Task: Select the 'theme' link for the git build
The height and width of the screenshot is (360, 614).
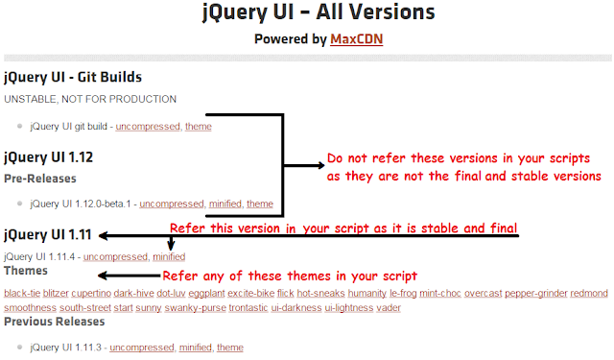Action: pyautogui.click(x=199, y=127)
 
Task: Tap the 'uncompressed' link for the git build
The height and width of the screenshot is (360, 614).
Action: pyautogui.click(x=152, y=127)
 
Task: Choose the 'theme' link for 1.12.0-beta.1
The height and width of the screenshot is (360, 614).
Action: pyautogui.click(x=260, y=204)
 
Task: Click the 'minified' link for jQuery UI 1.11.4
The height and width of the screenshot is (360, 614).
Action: pyautogui.click(x=168, y=256)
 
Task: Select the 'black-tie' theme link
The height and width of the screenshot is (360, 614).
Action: pyautogui.click(x=22, y=292)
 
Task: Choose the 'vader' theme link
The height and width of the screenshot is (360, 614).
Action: pyautogui.click(x=388, y=307)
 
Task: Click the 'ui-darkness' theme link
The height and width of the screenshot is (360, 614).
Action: pyautogui.click(x=297, y=307)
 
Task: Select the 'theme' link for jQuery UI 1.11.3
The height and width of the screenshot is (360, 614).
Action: pyautogui.click(x=230, y=347)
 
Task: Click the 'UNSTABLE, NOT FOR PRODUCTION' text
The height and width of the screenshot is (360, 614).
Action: pyautogui.click(x=90, y=99)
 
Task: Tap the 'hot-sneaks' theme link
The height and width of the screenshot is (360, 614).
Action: pyautogui.click(x=320, y=292)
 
